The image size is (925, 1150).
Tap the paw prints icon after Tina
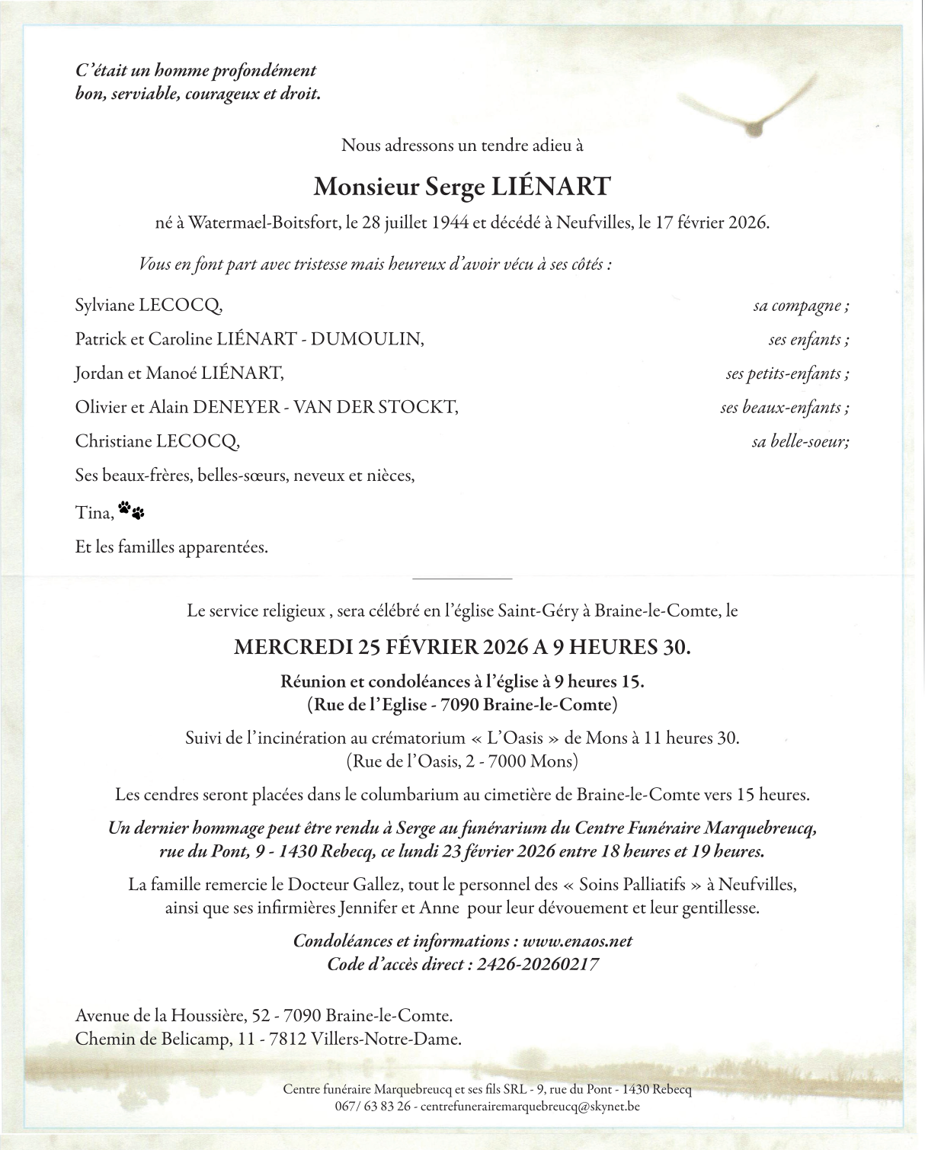click(x=131, y=510)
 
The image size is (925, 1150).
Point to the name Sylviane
click(x=104, y=306)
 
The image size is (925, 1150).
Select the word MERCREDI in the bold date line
click(x=292, y=648)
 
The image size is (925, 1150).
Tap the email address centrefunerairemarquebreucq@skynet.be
click(x=530, y=1106)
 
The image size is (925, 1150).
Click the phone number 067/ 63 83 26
click(x=373, y=1106)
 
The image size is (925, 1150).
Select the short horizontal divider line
click(x=462, y=579)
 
